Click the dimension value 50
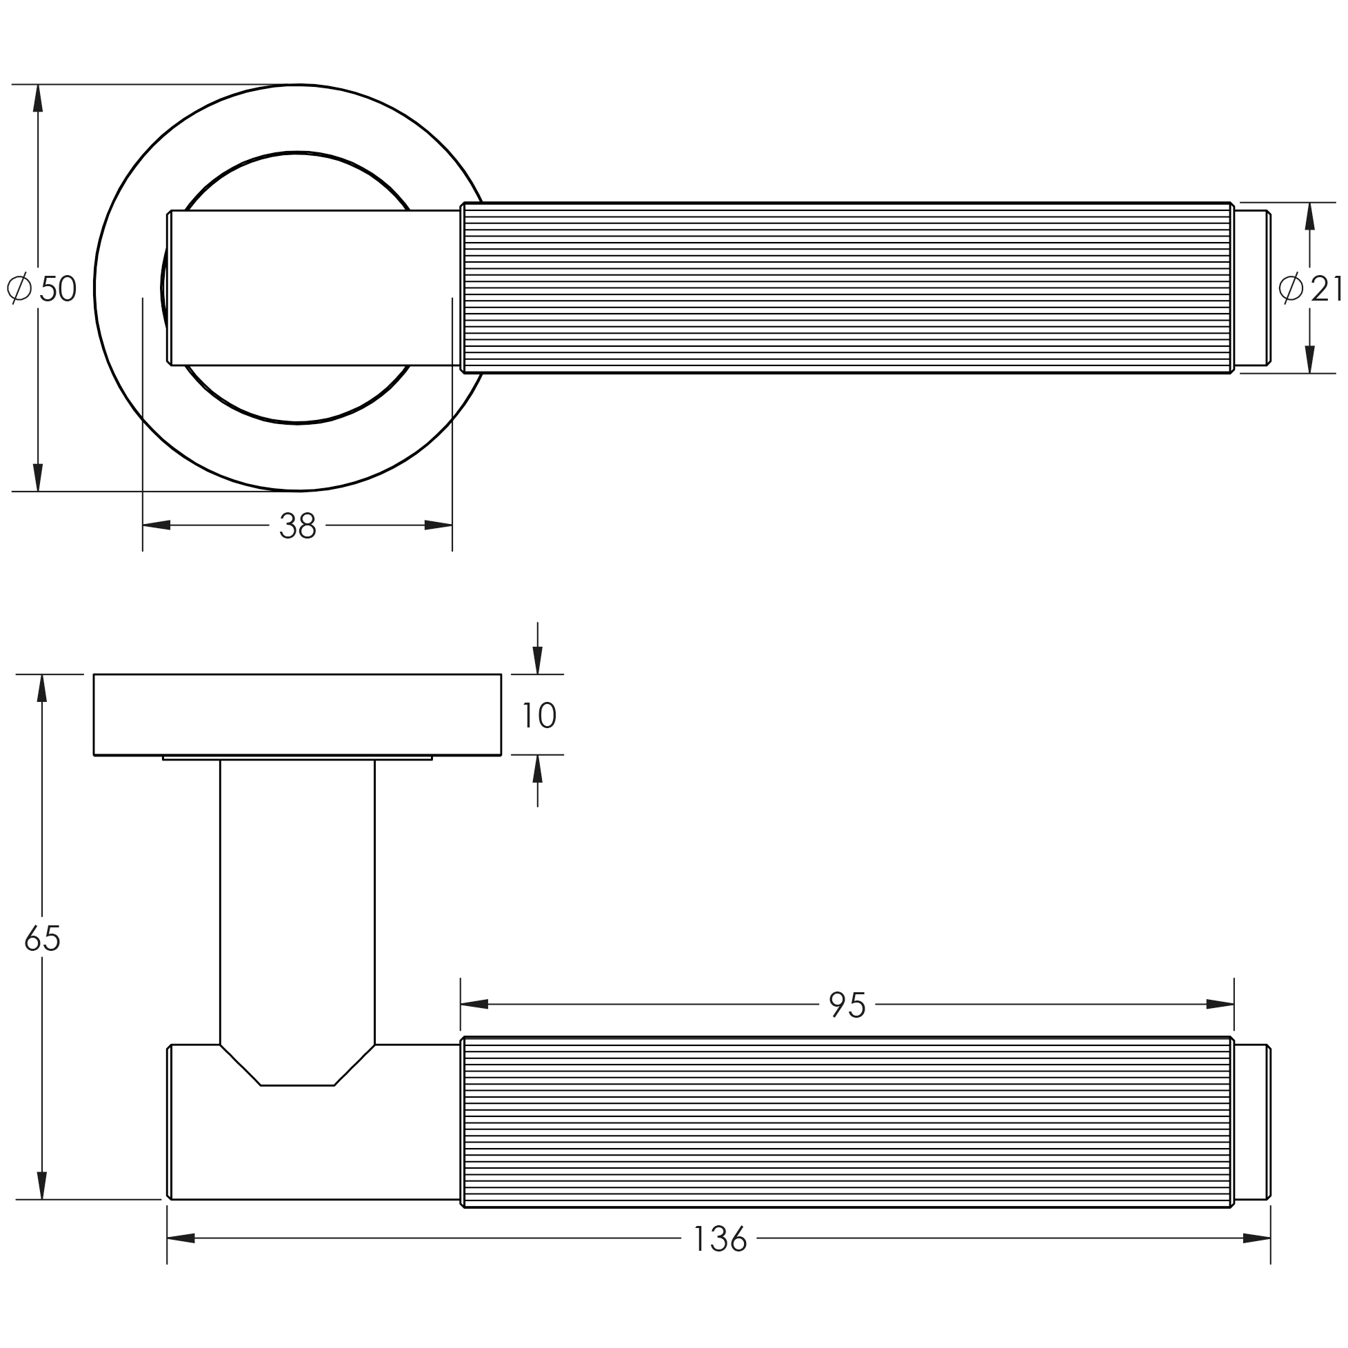59,289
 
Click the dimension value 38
298,526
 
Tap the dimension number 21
1325,289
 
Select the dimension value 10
539,716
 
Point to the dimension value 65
43,938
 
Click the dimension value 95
847,1005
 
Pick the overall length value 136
720,1240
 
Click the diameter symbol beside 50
19,288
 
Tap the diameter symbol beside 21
1290,288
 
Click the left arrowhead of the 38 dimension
157,525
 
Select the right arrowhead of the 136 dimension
1256,1238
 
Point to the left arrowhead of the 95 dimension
474,1005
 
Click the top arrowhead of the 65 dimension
42,689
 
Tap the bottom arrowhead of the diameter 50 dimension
38,477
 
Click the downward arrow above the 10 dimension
537,660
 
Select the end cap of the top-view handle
1251,288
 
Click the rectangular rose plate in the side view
297,714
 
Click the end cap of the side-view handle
1251,1123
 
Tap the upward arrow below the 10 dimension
537,769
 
